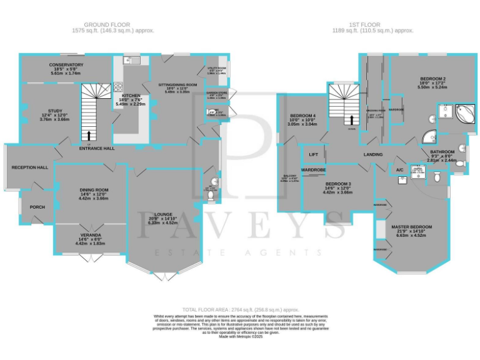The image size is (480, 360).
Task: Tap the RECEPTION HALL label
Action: point(29,167)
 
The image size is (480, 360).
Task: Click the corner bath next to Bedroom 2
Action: point(463,114)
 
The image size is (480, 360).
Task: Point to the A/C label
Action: point(399,169)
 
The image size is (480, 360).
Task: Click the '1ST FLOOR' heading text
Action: point(371,24)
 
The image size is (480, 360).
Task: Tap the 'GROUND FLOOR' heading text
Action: point(113,24)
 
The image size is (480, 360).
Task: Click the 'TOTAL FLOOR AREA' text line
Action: point(240,310)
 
